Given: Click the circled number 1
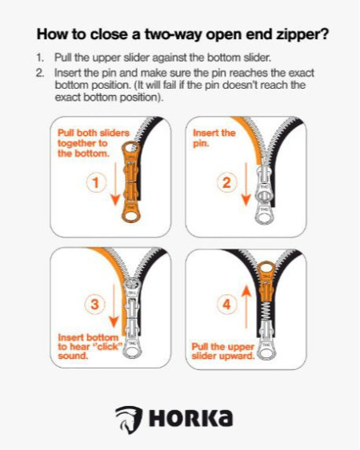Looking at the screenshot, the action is [96, 182].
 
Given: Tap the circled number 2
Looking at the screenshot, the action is [226, 182].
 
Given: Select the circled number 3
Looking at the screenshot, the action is [94, 305].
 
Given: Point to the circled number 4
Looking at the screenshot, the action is [227, 305].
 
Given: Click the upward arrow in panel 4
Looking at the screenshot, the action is [246, 307].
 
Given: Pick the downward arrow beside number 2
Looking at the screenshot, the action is [246, 185].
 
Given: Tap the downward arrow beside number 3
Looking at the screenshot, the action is [114, 306].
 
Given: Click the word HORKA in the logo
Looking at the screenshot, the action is [190, 418].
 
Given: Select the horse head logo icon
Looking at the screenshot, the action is [129, 420].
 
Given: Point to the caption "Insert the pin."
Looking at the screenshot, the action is [214, 138].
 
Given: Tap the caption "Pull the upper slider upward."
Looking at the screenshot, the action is [223, 351].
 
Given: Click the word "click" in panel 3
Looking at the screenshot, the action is [107, 347].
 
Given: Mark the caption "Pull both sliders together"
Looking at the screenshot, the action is [94, 138].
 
